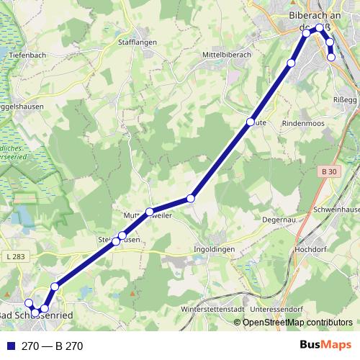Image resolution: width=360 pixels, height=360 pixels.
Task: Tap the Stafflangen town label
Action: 136,42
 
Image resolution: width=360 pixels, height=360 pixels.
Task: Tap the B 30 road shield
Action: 330,171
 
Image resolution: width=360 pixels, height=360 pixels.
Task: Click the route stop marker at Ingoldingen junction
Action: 191,198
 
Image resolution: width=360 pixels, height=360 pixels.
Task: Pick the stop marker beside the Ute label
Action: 251,122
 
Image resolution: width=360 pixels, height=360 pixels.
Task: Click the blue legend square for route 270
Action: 11,346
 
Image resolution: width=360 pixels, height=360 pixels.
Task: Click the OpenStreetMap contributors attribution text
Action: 297,323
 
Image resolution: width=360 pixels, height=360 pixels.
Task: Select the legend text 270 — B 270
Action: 53,346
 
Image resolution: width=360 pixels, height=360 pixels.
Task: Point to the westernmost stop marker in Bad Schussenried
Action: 30,303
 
